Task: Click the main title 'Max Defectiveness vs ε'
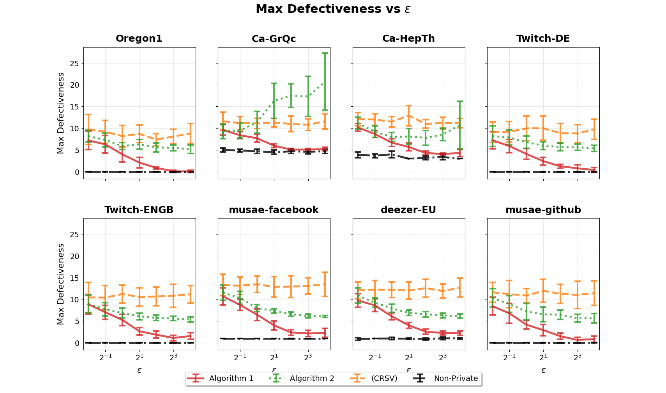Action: pos(333,9)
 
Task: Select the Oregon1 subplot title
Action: pos(139,39)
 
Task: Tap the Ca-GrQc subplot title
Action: pos(274,39)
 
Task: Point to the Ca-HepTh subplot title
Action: pos(408,39)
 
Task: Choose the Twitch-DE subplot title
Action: pos(543,39)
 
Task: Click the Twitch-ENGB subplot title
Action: pos(139,210)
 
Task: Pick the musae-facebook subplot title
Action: pos(274,210)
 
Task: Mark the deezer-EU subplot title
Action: pos(408,210)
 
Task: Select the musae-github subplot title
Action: pos(543,210)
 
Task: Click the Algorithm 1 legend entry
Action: pos(231,378)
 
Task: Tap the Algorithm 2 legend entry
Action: pos(312,378)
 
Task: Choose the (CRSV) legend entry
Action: pos(384,378)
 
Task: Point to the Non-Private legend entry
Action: pos(456,378)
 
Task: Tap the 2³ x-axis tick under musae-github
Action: pos(578,357)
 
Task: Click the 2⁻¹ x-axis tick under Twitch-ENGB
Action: pos(105,357)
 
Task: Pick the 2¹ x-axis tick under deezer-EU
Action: pos(409,357)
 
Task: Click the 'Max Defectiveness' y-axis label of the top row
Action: pos(61,113)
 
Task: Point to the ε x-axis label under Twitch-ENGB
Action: pos(139,370)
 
